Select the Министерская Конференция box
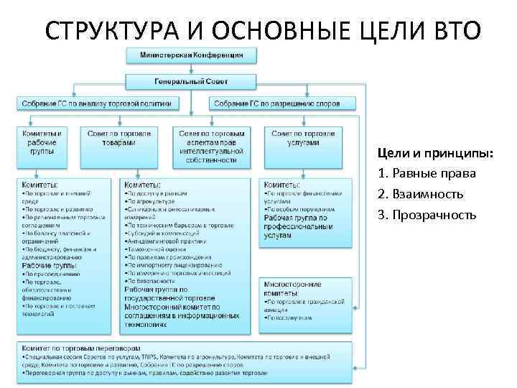tap(190, 54)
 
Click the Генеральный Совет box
tap(190, 80)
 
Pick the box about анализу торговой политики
tap(96, 103)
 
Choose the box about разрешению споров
tap(286, 103)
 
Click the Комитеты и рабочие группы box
tap(45, 142)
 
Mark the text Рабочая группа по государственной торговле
tap(169, 293)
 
